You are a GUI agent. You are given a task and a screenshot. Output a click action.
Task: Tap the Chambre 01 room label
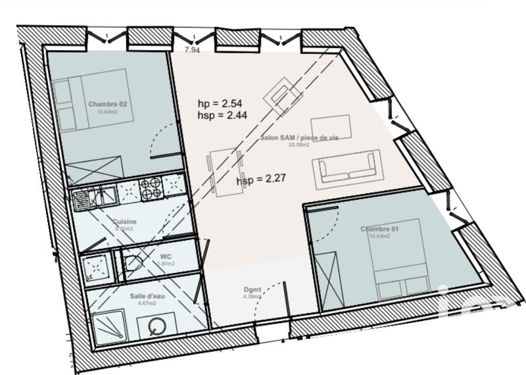pos(380,229)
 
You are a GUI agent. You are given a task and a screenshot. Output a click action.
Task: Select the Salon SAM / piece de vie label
pos(299,137)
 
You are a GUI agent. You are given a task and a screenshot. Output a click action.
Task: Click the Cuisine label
pos(124,222)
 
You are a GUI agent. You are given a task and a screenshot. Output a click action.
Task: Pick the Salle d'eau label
pos(147,295)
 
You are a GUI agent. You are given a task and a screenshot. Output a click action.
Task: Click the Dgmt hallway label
pos(252,289)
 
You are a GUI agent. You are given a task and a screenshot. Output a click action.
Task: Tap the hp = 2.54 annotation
pos(220,104)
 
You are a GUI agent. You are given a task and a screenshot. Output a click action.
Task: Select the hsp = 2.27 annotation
pos(258,178)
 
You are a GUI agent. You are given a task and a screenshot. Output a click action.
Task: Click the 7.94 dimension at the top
pos(191,50)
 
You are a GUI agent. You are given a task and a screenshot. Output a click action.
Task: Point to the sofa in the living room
pos(347,168)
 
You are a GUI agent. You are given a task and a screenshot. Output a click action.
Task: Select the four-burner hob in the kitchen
pos(151,188)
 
